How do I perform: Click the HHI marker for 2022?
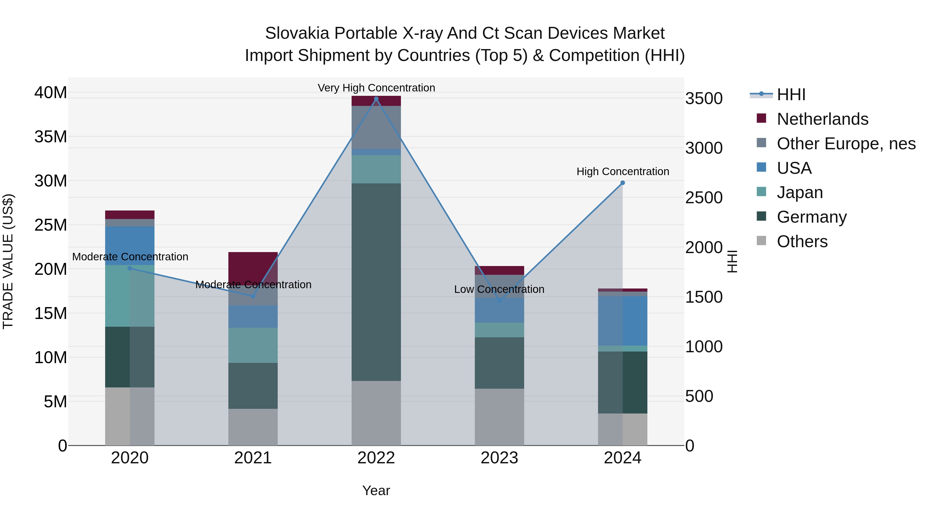[x=376, y=99]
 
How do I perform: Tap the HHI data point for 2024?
[x=622, y=183]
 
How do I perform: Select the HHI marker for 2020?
[x=130, y=268]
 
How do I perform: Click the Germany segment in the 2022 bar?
[x=376, y=282]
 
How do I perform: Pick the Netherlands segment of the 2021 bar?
[x=253, y=267]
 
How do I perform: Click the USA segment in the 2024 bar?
[x=622, y=321]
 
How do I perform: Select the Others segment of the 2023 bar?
[x=499, y=417]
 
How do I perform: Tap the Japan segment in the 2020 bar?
[x=130, y=296]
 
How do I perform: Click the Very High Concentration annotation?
[x=376, y=88]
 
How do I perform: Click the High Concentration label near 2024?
[x=622, y=171]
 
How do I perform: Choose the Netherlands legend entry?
[x=822, y=119]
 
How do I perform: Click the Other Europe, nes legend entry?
[x=846, y=144]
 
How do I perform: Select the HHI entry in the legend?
[x=791, y=95]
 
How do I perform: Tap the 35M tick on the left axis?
[x=51, y=137]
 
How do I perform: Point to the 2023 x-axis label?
[x=499, y=458]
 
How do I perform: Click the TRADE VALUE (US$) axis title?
[x=8, y=261]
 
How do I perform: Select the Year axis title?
[x=376, y=490]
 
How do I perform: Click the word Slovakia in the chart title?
[x=297, y=33]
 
